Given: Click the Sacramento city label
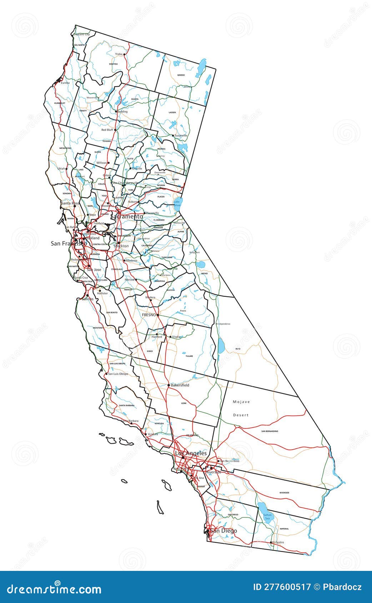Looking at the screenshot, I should [x=126, y=217].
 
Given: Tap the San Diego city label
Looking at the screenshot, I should [x=223, y=531].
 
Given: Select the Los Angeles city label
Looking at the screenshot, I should [x=191, y=453].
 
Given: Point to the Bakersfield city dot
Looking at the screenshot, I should [x=169, y=385].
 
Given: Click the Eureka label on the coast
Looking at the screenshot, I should [x=65, y=83].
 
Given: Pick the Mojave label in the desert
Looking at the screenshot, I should [x=241, y=402].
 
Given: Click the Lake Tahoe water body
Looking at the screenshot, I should [x=178, y=203].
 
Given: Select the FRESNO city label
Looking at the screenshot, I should [x=149, y=315].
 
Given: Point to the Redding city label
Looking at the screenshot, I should [x=122, y=112].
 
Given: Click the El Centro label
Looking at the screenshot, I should [x=278, y=542].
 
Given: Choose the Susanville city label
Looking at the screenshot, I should [x=181, y=136].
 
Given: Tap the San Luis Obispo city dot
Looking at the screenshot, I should [x=106, y=374].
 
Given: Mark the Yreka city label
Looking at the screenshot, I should [x=119, y=54].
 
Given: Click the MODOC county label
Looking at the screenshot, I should [x=181, y=75].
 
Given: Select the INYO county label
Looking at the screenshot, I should [x=238, y=349].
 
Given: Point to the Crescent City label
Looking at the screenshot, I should [x=82, y=34].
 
